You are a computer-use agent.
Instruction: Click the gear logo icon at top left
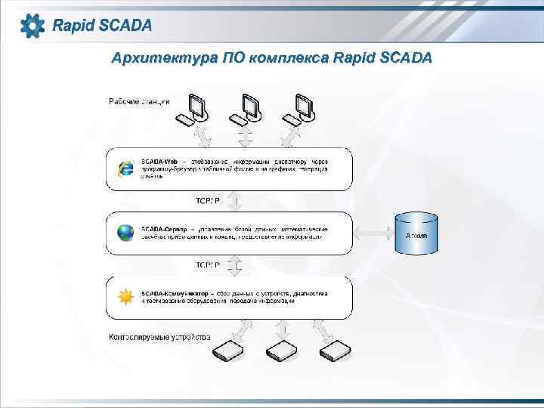[x=32, y=26]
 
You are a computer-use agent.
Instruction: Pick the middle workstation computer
[x=248, y=110]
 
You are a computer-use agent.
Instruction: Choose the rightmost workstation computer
[x=300, y=110]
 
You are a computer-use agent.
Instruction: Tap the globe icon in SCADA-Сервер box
[x=125, y=233]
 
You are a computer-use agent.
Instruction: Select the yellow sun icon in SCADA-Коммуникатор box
[x=125, y=296]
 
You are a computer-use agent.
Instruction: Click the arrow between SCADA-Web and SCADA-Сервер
[x=234, y=201]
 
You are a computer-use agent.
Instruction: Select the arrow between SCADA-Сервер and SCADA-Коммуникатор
[x=234, y=265]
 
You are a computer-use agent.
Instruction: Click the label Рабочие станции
[x=140, y=102]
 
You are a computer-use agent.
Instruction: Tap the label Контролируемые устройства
[x=160, y=336]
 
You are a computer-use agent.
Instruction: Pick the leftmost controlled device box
[x=228, y=350]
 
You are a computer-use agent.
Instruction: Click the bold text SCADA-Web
[x=159, y=162]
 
